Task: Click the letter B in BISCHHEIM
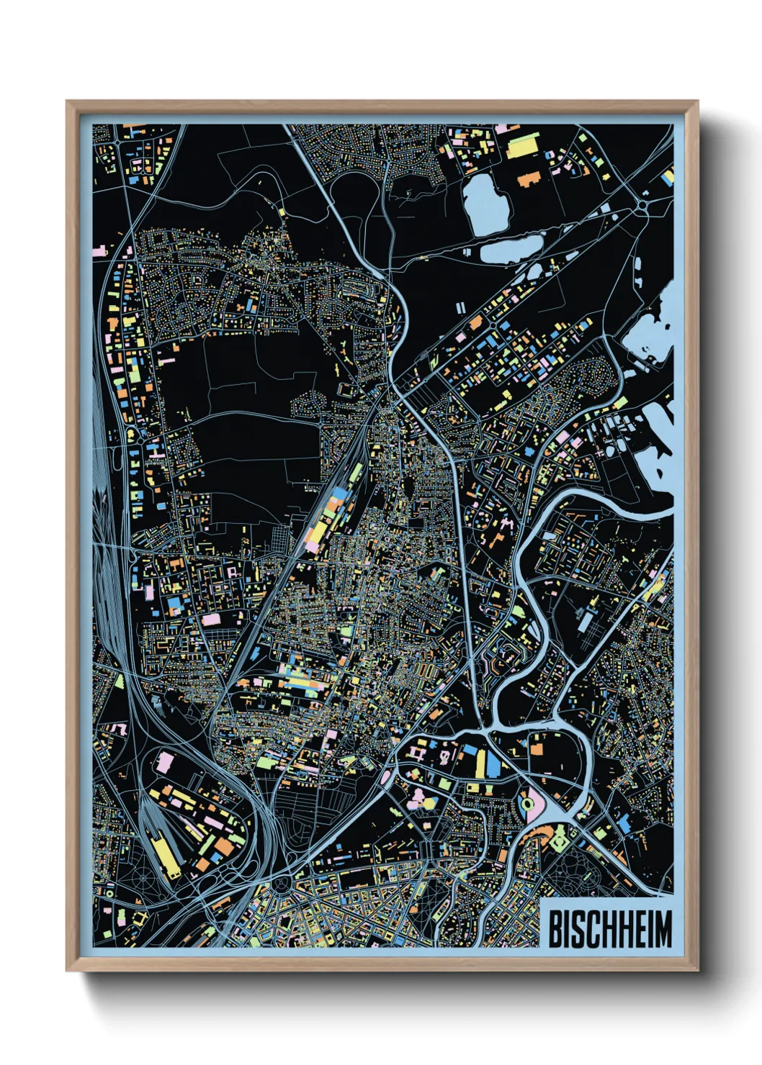tap(555, 929)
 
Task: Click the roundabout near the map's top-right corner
tap(642, 207)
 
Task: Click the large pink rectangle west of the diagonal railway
tap(210, 619)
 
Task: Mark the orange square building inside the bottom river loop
tap(536, 748)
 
